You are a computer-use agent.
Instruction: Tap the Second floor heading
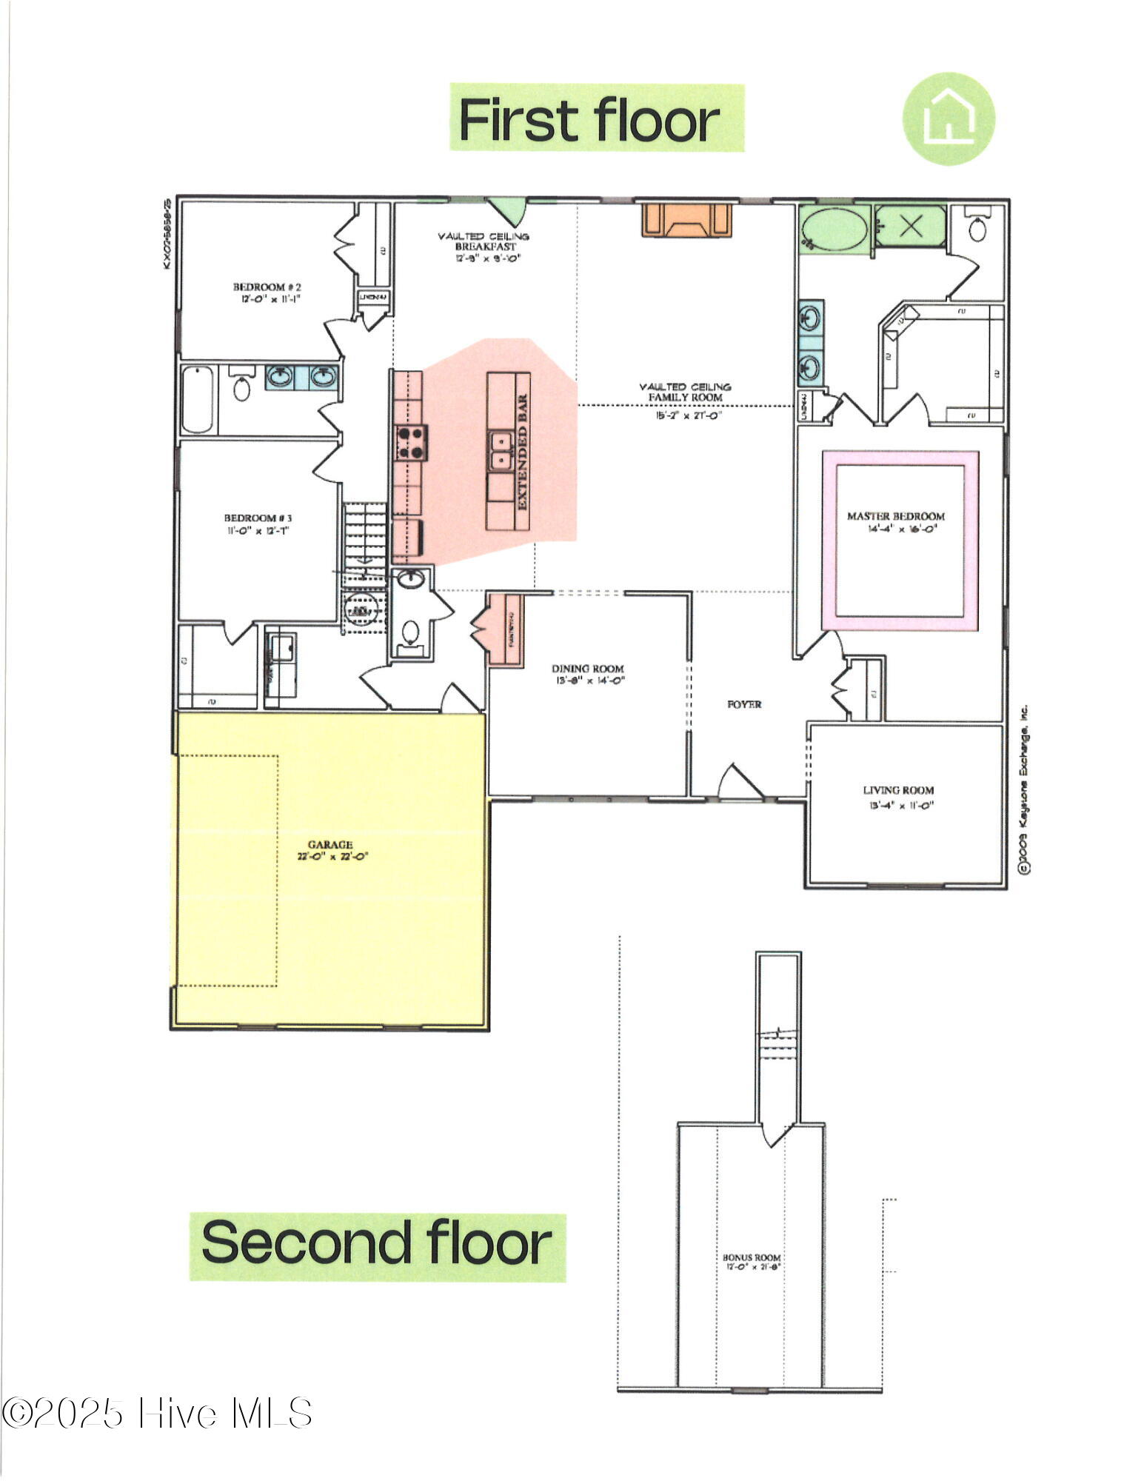377,1241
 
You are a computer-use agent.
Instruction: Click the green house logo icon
948,118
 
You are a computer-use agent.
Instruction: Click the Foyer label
744,704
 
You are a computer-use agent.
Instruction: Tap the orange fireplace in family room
686,220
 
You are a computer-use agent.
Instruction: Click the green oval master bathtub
834,229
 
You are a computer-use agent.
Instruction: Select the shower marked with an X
910,226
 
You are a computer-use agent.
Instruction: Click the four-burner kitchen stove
411,442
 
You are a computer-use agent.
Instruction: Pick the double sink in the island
501,451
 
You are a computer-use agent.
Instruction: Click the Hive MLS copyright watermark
157,1413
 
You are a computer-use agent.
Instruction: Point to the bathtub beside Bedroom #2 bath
197,399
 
